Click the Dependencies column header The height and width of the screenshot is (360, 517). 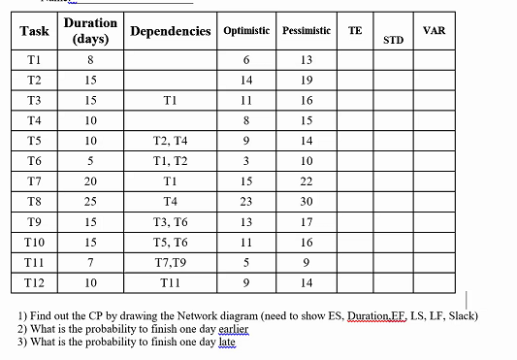[x=170, y=32]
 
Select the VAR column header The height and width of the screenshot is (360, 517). [x=434, y=30]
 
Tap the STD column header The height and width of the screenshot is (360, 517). [x=393, y=41]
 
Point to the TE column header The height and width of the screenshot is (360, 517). [x=355, y=30]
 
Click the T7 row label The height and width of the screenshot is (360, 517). [x=33, y=181]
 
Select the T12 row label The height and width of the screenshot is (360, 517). [x=33, y=281]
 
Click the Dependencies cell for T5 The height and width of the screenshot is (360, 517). [x=170, y=141]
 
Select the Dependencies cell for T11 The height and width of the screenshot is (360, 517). [x=170, y=261]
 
